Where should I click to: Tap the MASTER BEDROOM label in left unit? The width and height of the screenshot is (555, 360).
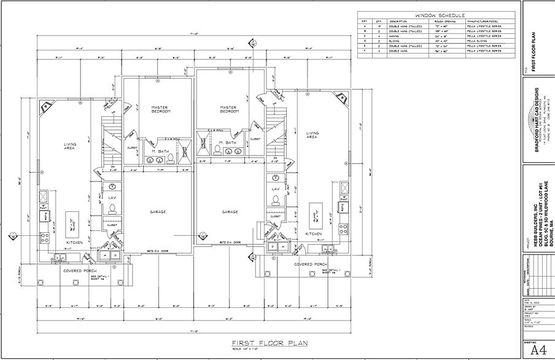tap(161, 110)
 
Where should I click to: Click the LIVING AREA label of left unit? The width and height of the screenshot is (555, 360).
tap(69, 146)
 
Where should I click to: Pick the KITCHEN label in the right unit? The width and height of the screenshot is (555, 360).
tap(314, 234)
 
